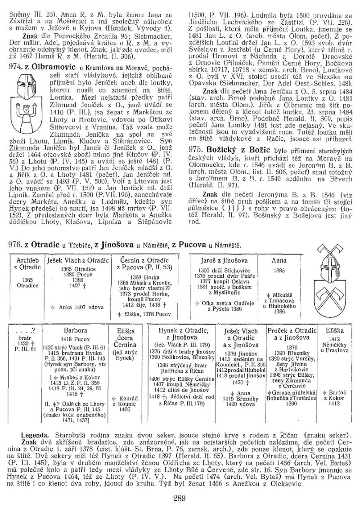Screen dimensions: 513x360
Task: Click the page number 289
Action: click(x=180, y=497)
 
